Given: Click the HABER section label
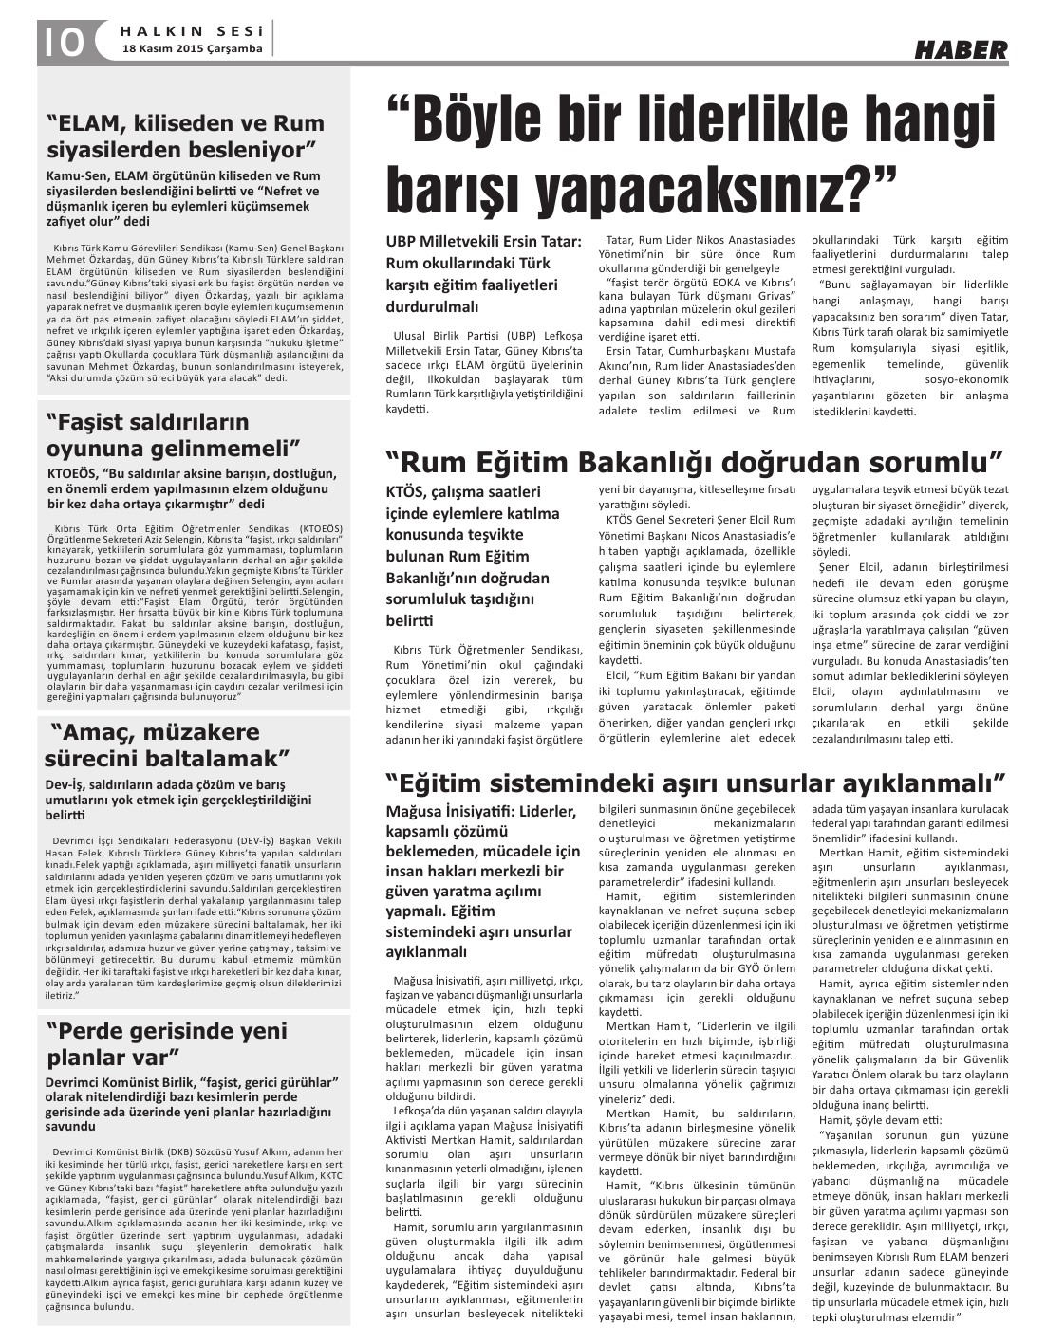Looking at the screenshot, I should pyautogui.click(x=961, y=50).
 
